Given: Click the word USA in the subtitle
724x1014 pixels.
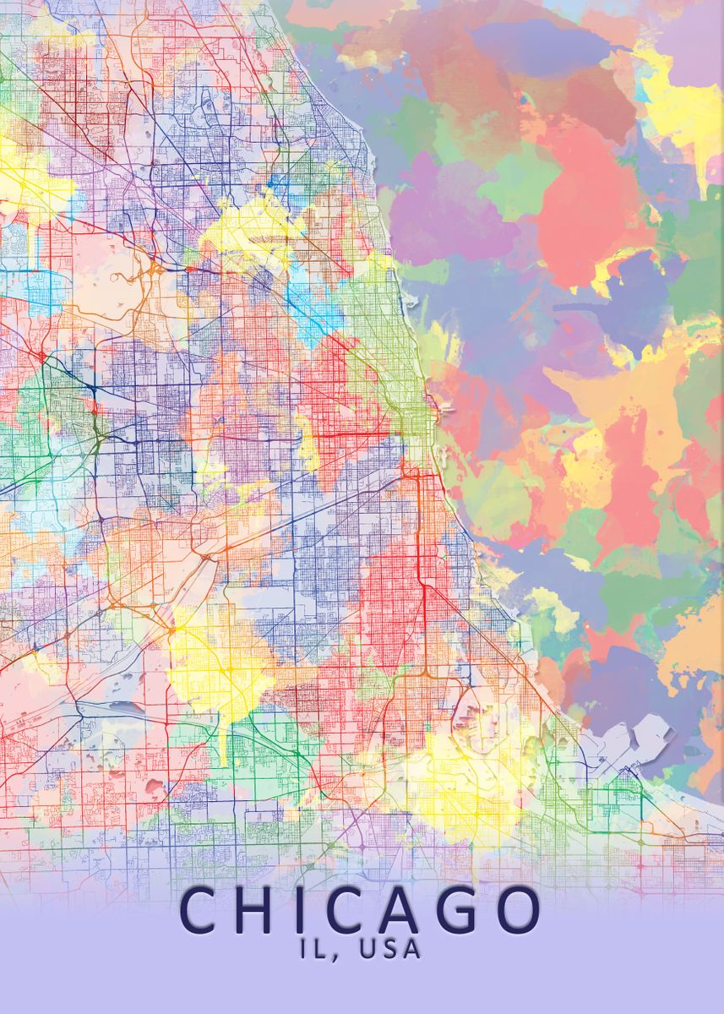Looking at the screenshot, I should pyautogui.click(x=389, y=949).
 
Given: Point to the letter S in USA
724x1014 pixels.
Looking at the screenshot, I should pyautogui.click(x=389, y=949).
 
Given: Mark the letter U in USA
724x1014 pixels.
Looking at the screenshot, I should pyautogui.click(x=367, y=949).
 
